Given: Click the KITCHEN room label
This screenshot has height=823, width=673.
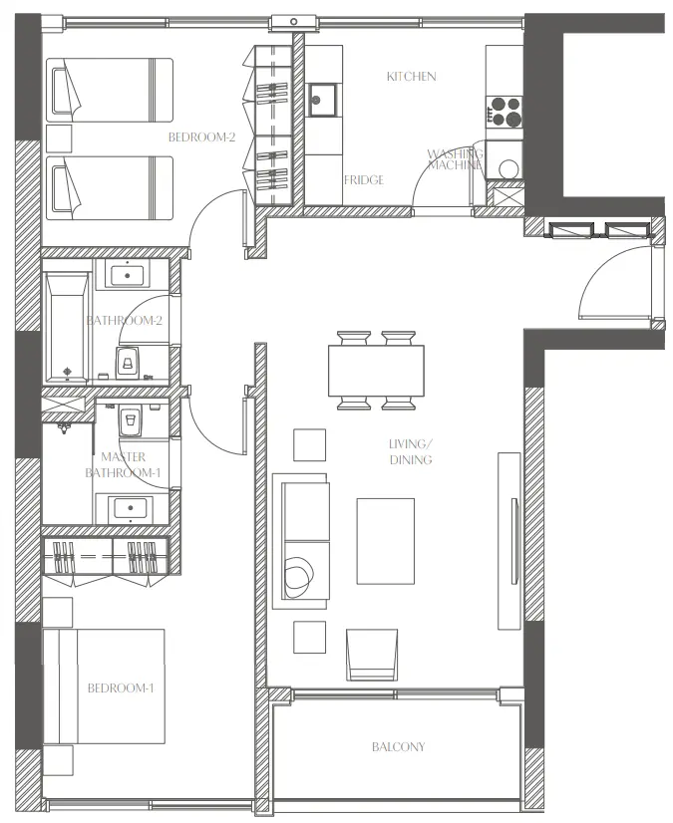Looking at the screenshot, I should [x=412, y=77].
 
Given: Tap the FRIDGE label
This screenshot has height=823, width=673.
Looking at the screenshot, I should [x=364, y=180].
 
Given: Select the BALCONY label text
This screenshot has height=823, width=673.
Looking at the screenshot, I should [x=398, y=746].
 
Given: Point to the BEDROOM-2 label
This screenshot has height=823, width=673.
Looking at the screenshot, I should [x=201, y=137].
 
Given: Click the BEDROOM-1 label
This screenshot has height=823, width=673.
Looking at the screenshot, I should [x=120, y=688].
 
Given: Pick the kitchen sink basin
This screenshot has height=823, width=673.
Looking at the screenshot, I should [x=322, y=97].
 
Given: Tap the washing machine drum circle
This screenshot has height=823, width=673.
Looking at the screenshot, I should [x=508, y=168].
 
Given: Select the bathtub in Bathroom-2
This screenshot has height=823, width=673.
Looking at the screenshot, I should [x=68, y=327].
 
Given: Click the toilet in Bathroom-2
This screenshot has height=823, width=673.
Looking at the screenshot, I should [x=128, y=361].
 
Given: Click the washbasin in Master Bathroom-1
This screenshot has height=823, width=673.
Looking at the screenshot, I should [x=131, y=507].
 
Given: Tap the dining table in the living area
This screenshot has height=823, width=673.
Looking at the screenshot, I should [x=376, y=371].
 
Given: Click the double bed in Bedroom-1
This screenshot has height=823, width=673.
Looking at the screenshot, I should [x=105, y=687].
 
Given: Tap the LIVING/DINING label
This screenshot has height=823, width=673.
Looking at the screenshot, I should [x=411, y=452].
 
